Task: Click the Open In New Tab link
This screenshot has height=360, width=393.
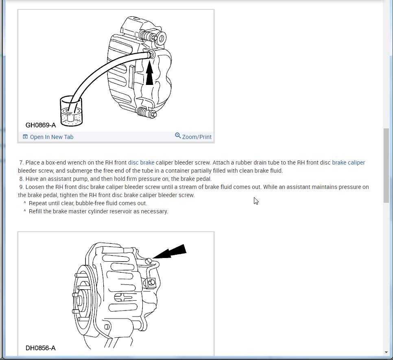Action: [52, 137]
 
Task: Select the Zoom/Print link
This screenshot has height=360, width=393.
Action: [197, 137]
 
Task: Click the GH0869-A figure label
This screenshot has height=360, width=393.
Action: [41, 125]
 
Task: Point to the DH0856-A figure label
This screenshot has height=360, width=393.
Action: [41, 348]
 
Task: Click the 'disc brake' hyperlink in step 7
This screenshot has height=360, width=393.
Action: [141, 163]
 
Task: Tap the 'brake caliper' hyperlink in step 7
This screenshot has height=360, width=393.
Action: [349, 163]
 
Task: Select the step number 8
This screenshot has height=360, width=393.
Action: [21, 179]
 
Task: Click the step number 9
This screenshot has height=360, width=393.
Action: [21, 187]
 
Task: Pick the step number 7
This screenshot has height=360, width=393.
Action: [21, 163]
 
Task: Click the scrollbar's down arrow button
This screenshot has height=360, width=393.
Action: [386, 352]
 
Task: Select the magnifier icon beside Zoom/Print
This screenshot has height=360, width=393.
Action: [178, 135]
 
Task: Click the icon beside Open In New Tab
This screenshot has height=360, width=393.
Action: [25, 137]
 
